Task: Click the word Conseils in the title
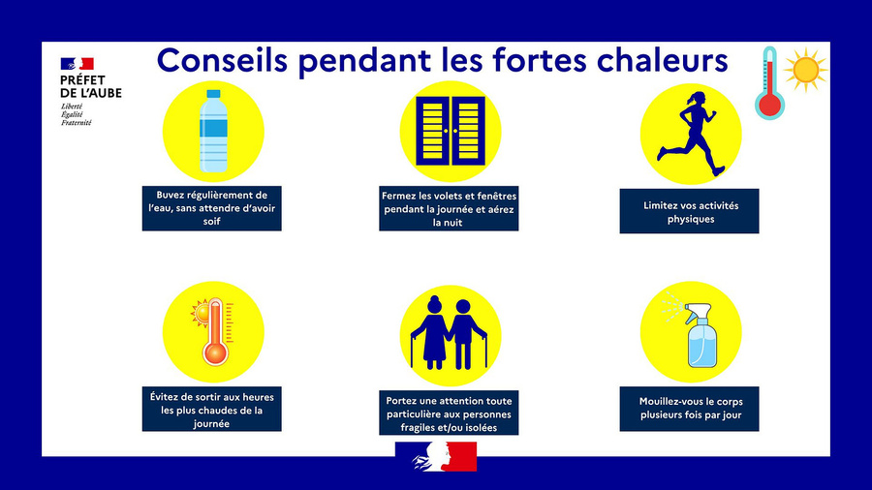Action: tap(223, 60)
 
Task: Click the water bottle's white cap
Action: tap(213, 94)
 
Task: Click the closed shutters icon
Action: tap(451, 131)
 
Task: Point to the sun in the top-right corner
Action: tap(806, 70)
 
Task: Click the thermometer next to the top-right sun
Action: tap(769, 82)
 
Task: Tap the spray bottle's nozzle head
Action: tap(698, 310)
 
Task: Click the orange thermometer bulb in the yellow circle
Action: tap(215, 353)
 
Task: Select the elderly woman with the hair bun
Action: tap(430, 333)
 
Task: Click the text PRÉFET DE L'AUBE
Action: tap(91, 86)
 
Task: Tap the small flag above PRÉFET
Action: tap(77, 64)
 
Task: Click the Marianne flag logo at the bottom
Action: tap(436, 457)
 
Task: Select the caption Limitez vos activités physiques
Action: tap(691, 212)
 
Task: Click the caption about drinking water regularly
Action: tap(212, 208)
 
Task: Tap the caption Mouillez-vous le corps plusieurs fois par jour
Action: tap(691, 409)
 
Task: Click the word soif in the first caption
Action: tap(212, 221)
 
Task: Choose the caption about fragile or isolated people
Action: tap(449, 414)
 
